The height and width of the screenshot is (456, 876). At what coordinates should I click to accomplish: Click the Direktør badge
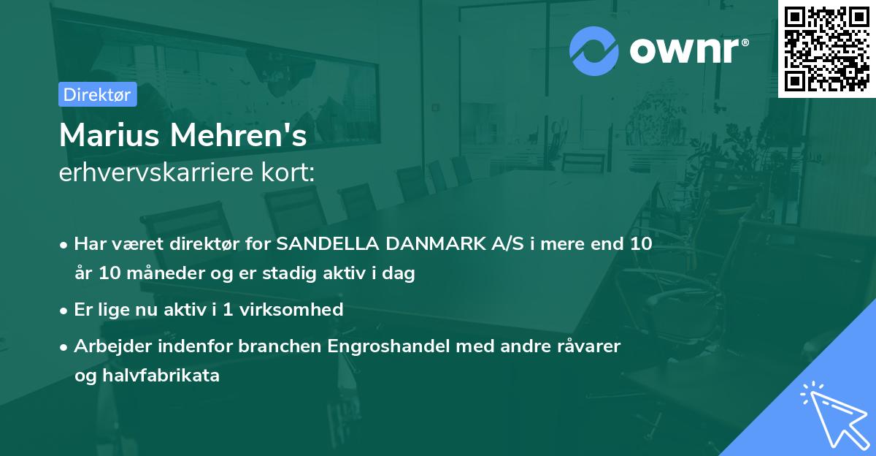click(x=97, y=94)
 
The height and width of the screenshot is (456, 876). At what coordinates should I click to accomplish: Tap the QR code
click(x=826, y=49)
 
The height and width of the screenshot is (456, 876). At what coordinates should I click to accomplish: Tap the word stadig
click(x=313, y=274)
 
